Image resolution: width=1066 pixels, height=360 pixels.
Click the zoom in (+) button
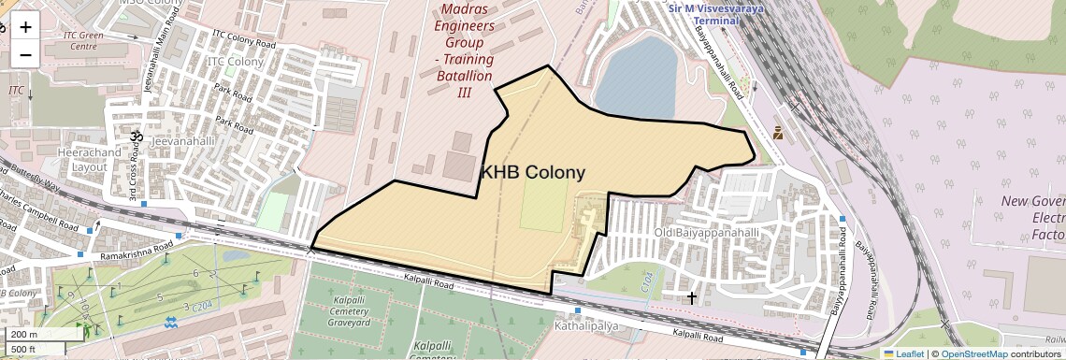(25, 26)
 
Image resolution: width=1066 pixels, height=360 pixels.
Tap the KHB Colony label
(532, 172)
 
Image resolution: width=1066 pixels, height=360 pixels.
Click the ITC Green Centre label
(80, 40)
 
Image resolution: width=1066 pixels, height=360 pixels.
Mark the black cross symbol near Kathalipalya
(692, 297)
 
